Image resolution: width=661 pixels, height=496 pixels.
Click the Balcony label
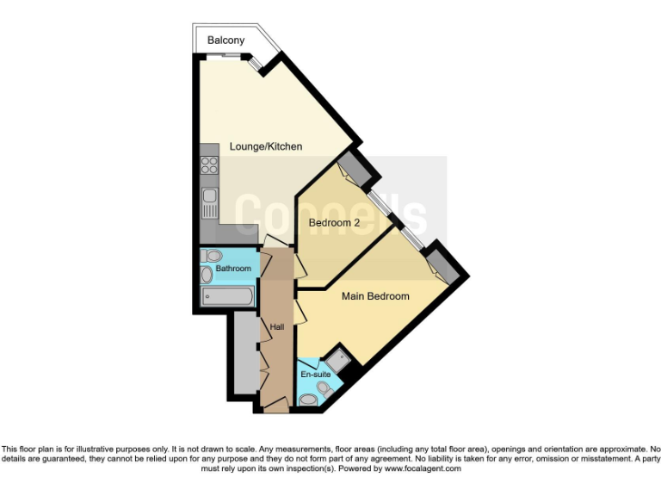(x=226, y=40)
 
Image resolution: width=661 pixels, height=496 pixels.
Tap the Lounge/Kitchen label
(x=266, y=146)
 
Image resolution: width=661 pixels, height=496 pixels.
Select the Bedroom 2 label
(x=334, y=223)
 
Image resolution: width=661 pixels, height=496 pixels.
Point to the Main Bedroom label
(x=375, y=296)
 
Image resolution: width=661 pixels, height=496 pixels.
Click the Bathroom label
(x=233, y=269)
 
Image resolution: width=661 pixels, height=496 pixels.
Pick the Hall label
(x=276, y=327)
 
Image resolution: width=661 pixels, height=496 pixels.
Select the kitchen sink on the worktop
(x=209, y=204)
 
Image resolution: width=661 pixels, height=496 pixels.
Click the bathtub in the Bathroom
(x=228, y=297)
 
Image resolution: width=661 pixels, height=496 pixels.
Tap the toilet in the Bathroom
(x=213, y=256)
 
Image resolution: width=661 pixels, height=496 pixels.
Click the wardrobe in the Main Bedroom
(x=442, y=262)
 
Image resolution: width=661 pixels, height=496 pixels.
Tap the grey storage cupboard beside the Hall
(x=244, y=353)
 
